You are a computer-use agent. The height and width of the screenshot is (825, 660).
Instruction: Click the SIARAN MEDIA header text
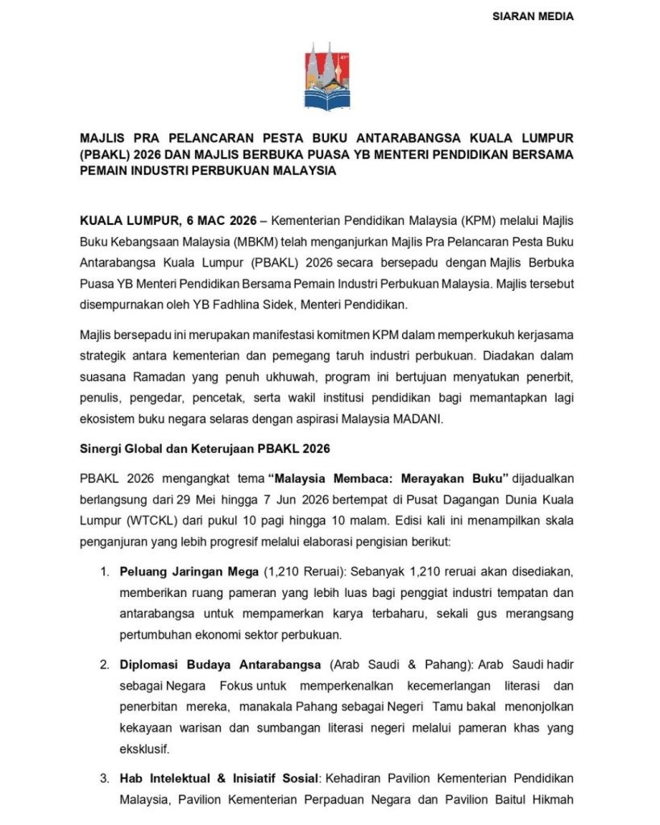click(x=533, y=16)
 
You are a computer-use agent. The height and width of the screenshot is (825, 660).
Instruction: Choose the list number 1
click(x=105, y=573)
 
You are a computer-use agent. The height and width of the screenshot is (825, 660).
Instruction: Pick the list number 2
click(x=105, y=665)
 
